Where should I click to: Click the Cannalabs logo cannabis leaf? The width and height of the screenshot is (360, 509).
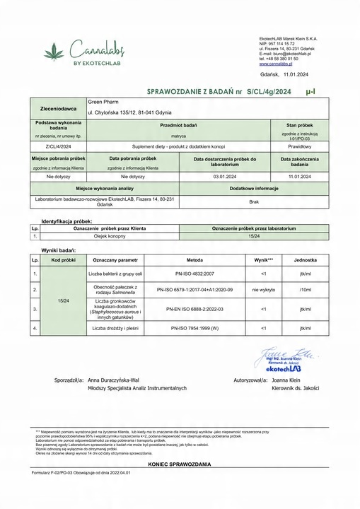(x=54, y=52)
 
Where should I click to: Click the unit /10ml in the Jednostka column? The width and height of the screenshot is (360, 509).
(x=305, y=290)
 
